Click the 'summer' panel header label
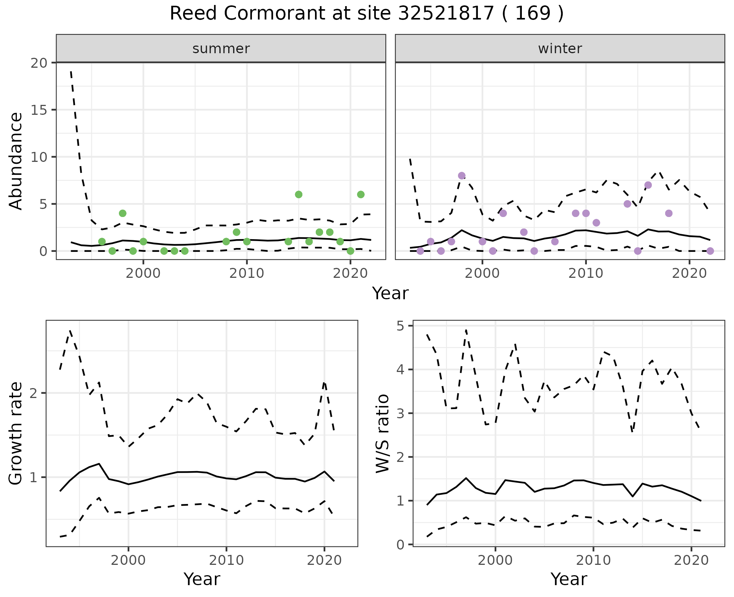click(x=221, y=49)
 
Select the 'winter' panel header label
click(x=560, y=49)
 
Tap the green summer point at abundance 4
click(x=123, y=213)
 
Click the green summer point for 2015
click(x=299, y=194)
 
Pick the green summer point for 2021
click(x=361, y=194)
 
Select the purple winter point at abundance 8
click(x=461, y=176)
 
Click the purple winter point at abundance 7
click(x=648, y=185)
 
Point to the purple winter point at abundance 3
click(x=596, y=223)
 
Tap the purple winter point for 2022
click(x=710, y=251)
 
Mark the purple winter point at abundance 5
click(x=627, y=204)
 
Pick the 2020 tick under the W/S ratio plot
click(x=691, y=560)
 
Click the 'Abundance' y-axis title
click(x=16, y=161)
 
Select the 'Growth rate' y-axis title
click(x=16, y=434)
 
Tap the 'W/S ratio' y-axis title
click(x=383, y=434)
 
